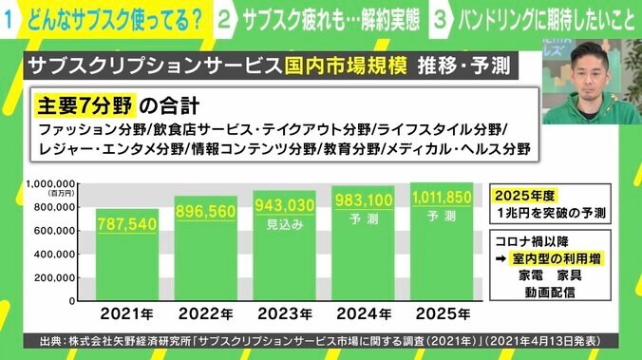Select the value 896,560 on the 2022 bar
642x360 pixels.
pos(205,212)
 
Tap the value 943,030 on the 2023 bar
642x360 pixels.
pos(283,206)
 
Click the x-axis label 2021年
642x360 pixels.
pos(127,311)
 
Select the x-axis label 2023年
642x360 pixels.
pos(283,311)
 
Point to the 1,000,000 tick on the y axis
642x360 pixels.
pos(50,183)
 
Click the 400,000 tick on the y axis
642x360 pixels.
pos(55,253)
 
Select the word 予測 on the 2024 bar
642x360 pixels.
pos(362,217)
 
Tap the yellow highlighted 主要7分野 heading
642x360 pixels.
pos(84,102)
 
